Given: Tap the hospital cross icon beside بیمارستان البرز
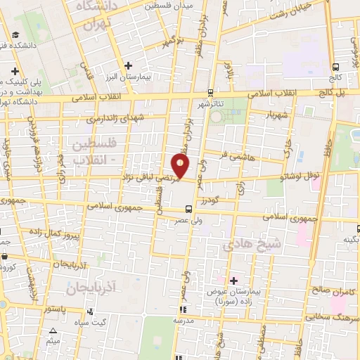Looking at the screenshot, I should click(127, 65).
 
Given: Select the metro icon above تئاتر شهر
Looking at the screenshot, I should click(210, 92).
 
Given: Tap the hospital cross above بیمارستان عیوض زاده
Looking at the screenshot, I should click(234, 281).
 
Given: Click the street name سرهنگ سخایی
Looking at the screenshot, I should click(334, 317).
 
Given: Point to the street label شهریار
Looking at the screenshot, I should click(276, 115).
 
